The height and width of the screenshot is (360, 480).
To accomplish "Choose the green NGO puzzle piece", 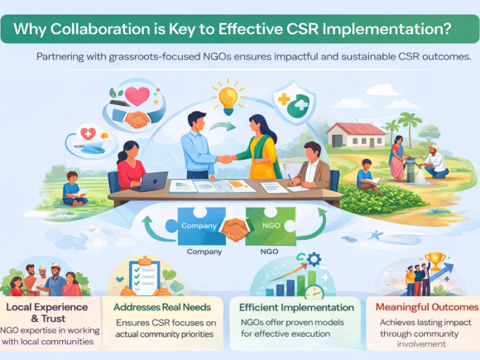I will point(270,225).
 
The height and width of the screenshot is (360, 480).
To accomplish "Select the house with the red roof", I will point(359,134).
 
